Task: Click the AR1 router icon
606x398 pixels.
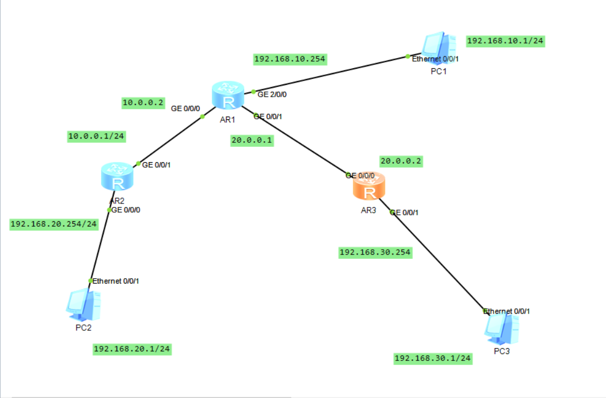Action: click(x=228, y=97)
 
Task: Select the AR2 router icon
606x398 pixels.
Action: click(x=117, y=176)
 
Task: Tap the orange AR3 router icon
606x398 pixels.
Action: click(x=369, y=186)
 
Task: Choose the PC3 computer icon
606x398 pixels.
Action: click(x=502, y=328)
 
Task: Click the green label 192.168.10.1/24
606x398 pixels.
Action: click(x=506, y=41)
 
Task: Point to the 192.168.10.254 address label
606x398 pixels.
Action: click(x=290, y=59)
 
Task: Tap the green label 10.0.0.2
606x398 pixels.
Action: click(x=142, y=103)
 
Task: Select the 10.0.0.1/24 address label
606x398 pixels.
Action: click(x=97, y=136)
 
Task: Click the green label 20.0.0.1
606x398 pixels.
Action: click(x=252, y=141)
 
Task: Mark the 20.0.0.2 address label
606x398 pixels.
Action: click(x=401, y=161)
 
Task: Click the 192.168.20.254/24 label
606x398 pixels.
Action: click(x=54, y=224)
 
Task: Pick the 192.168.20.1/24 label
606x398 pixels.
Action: click(x=133, y=349)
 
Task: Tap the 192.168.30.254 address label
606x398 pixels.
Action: click(x=376, y=252)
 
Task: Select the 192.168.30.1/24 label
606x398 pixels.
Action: click(x=433, y=358)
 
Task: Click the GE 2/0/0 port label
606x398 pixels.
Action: click(x=272, y=95)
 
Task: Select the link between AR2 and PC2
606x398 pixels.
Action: click(x=100, y=244)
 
